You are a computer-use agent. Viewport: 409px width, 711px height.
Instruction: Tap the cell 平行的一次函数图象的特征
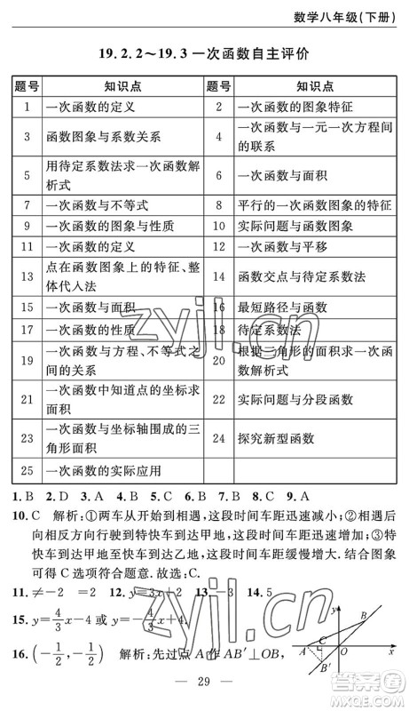click(x=314, y=205)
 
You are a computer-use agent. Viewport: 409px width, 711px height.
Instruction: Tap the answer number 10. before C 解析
click(x=17, y=515)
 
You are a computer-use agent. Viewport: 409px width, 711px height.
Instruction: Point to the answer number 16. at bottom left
click(x=17, y=653)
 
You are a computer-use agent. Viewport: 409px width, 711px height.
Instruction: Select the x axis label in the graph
click(x=391, y=651)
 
